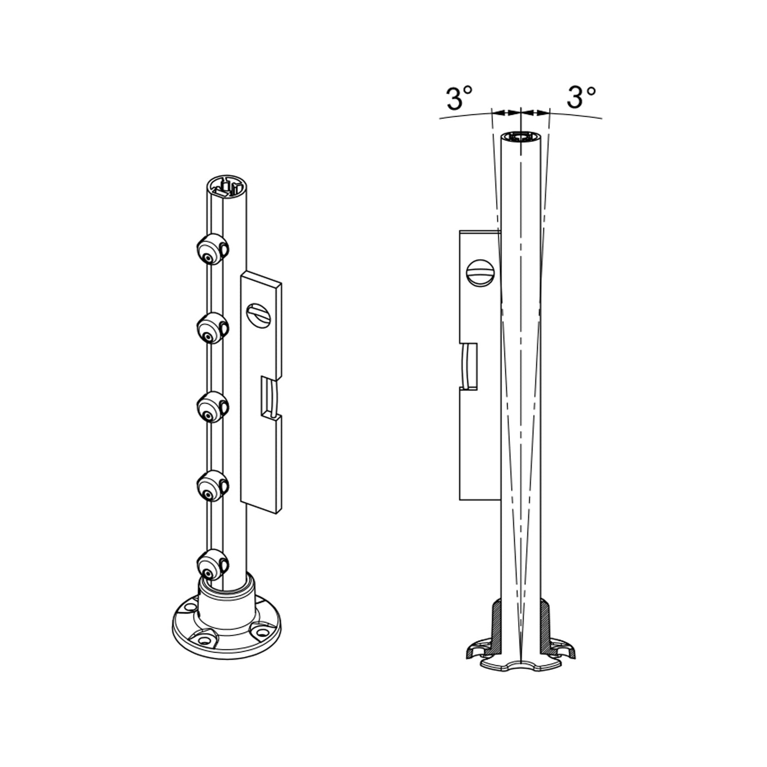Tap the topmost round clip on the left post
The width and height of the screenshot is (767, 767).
pos(211,250)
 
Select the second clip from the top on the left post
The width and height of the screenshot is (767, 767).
pos(211,328)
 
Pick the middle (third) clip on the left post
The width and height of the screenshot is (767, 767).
pos(211,407)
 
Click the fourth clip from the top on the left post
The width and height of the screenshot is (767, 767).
pos(211,486)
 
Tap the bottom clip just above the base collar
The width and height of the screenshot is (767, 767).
pos(211,565)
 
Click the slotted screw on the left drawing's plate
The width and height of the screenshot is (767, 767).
pos(258,316)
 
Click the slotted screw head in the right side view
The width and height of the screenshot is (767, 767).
pos(480,273)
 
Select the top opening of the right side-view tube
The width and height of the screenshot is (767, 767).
pos(521,137)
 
